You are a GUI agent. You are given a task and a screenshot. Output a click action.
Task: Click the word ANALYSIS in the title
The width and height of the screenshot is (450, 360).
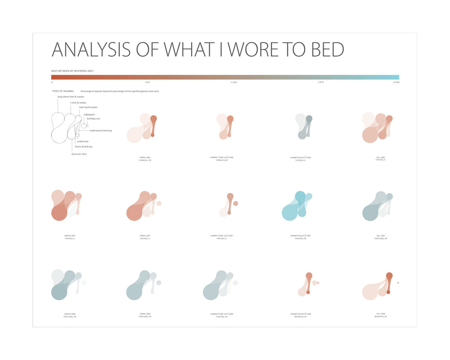coord(91,50)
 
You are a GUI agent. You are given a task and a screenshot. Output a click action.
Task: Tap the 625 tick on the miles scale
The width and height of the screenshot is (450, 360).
coord(148,82)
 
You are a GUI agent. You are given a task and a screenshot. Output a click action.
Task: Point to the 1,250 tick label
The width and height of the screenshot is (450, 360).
coord(233,82)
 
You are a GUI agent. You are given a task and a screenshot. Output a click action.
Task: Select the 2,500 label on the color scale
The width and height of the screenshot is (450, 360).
coord(396,82)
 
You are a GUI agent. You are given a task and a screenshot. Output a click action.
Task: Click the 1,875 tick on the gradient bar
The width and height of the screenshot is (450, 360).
coord(321,82)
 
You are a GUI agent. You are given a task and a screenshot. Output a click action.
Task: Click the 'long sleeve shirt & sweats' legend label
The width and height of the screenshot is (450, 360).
coord(71,97)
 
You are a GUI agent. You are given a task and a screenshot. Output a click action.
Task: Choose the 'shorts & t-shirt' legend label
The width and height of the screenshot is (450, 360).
coord(79,154)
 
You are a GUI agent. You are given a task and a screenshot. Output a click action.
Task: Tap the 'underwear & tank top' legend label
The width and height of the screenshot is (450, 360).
coord(101,130)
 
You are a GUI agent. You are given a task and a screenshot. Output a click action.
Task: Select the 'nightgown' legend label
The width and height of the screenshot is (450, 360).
coord(89,114)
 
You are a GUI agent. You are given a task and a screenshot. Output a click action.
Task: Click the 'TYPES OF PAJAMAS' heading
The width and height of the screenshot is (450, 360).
coord(63,91)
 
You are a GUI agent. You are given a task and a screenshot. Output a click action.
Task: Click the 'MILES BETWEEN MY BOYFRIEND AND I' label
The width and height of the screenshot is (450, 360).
coord(73,71)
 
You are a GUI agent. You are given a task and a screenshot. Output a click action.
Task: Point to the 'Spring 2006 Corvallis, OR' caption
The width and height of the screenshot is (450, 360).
coord(145,159)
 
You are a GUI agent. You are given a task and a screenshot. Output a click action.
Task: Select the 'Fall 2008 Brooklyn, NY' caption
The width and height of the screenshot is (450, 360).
coord(380,315)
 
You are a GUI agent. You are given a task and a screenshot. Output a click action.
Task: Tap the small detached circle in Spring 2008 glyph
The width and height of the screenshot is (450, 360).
coord(159,282)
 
